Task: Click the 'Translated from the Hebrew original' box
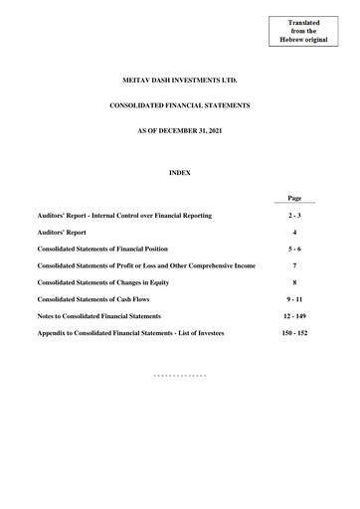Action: tap(304, 31)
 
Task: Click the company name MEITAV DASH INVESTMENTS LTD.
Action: tap(179, 77)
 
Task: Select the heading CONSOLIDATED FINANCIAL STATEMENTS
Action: tap(179, 104)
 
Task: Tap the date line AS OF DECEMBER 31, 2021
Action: tap(179, 132)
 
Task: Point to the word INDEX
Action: tap(179, 173)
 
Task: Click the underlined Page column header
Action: tap(294, 198)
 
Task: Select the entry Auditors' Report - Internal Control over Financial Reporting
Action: tap(124, 215)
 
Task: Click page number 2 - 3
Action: tap(294, 215)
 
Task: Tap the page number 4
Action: tap(294, 232)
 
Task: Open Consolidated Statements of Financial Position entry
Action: tap(102, 249)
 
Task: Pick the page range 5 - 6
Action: tap(294, 249)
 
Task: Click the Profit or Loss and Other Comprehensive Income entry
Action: tap(146, 265)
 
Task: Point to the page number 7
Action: tap(294, 265)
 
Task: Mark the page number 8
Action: tap(294, 282)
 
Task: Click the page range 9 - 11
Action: tap(294, 299)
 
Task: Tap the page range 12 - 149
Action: tap(294, 316)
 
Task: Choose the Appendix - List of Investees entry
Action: tap(130, 333)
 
